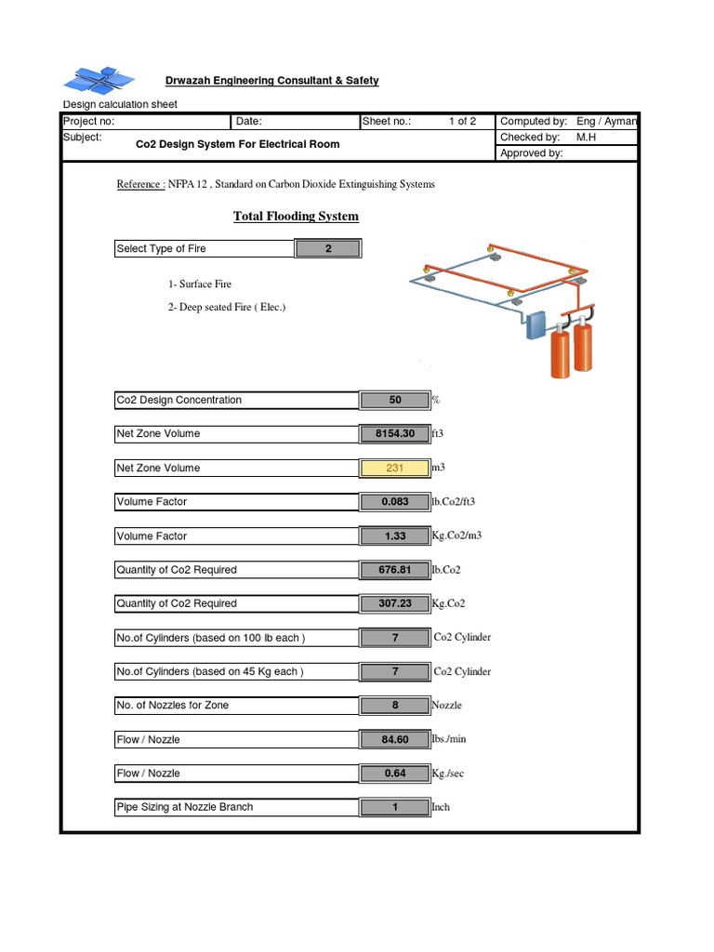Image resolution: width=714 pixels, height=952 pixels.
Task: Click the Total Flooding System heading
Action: [296, 217]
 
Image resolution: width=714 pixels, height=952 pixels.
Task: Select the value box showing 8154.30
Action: [395, 434]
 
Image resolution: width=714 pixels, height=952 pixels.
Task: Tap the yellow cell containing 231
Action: [395, 468]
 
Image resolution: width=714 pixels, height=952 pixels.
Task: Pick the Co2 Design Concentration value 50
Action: [395, 401]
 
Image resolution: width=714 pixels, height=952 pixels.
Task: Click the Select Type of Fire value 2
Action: [328, 249]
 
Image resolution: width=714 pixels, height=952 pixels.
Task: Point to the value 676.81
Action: [395, 570]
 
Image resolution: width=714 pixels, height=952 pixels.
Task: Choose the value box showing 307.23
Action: [395, 603]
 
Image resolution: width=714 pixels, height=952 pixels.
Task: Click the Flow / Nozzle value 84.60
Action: [395, 740]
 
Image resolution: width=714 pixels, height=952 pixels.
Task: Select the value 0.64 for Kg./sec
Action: [395, 773]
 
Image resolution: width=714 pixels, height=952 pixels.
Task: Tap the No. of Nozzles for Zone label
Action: [172, 706]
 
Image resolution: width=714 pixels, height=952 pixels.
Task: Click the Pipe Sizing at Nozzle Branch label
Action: [184, 807]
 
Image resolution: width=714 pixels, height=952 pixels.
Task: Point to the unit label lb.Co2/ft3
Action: [454, 502]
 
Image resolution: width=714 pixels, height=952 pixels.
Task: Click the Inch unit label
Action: [441, 807]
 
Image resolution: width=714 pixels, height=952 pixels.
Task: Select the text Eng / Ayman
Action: [606, 122]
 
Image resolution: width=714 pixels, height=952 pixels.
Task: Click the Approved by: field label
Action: [531, 153]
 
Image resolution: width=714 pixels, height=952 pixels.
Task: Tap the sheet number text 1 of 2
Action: [462, 122]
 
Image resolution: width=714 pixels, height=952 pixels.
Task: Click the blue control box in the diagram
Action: [537, 326]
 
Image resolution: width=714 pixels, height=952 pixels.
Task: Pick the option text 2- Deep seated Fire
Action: [227, 307]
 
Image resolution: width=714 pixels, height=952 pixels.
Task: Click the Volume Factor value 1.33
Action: [395, 536]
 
